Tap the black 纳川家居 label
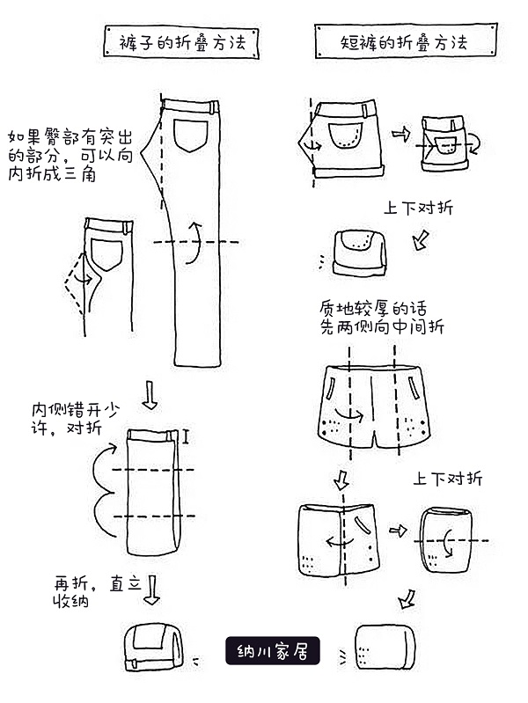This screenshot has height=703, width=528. pyautogui.click(x=272, y=651)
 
